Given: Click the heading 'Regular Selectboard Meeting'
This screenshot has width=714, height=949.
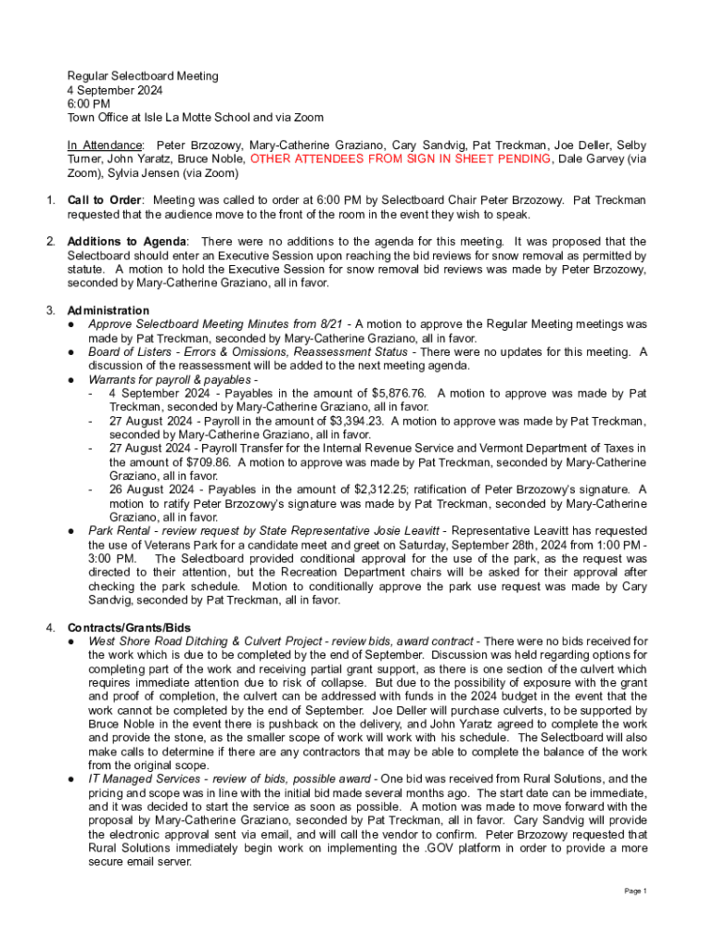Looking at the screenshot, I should [x=142, y=76].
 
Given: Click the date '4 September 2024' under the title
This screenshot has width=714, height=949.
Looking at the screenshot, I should [x=114, y=90].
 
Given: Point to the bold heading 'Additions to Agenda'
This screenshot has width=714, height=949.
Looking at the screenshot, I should [x=127, y=242].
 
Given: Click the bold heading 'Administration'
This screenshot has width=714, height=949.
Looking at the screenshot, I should [x=108, y=310].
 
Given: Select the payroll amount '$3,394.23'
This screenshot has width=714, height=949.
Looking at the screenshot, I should [x=349, y=421].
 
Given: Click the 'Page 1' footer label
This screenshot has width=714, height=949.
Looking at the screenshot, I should [x=635, y=892].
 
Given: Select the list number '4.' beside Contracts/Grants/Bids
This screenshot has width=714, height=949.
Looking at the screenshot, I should [x=51, y=628].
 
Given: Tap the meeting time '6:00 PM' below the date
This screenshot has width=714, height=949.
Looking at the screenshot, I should [x=89, y=104].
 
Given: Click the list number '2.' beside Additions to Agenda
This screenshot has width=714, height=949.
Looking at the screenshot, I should [x=51, y=242].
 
